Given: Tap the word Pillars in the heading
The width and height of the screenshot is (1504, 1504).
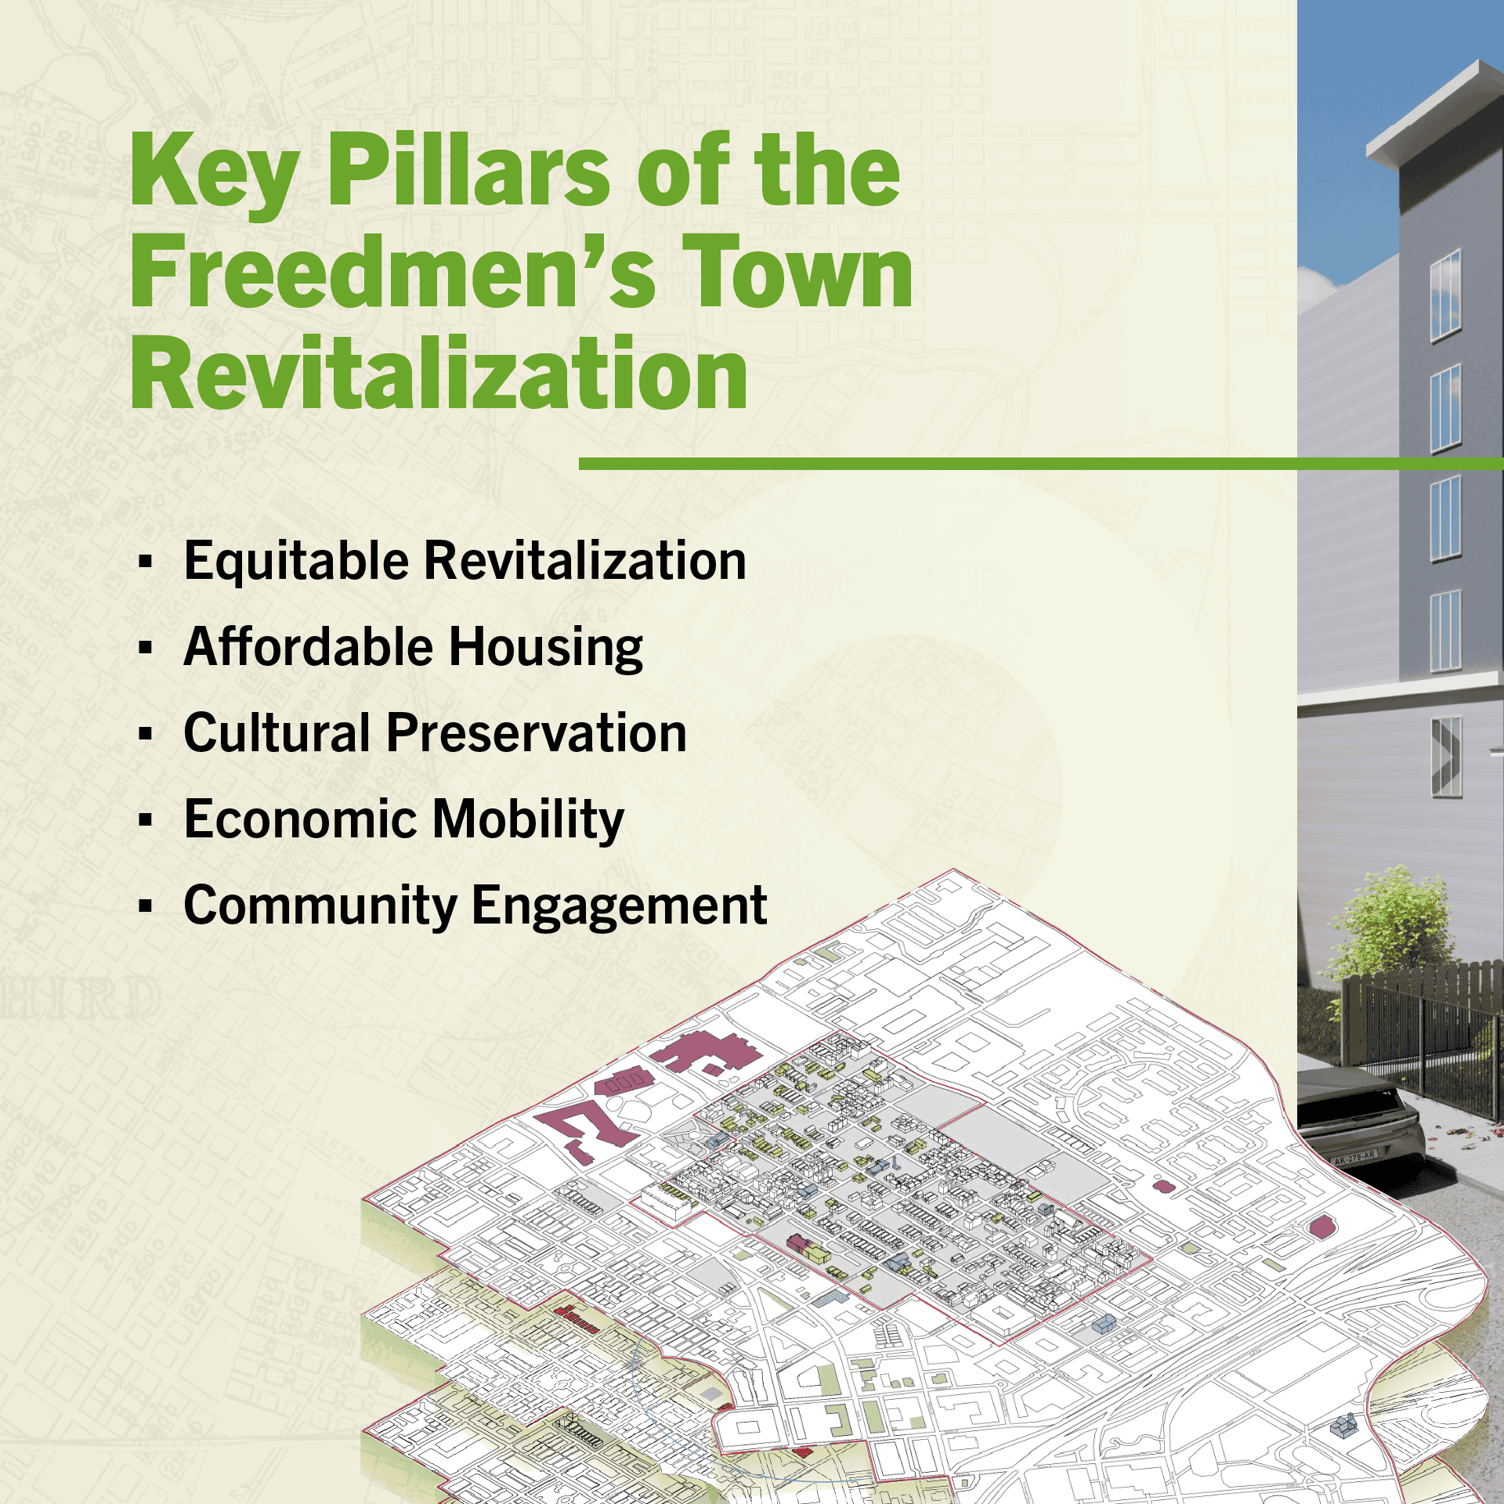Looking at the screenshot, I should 468,171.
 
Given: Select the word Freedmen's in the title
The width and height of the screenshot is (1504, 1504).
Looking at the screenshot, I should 392,272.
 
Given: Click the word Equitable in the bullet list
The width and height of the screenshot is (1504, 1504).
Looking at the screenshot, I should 296,562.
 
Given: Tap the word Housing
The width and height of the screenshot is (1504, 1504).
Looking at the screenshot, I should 546,648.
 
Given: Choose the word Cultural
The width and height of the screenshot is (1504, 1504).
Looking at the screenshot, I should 277,734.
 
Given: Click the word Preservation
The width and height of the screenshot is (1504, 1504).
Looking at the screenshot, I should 537,734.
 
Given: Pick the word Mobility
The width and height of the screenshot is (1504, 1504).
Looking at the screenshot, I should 529,820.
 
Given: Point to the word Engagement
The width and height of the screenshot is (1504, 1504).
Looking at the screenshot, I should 619,906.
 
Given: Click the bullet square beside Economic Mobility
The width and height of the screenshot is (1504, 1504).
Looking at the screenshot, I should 145,820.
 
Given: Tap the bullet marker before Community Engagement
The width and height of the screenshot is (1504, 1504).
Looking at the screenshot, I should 145,906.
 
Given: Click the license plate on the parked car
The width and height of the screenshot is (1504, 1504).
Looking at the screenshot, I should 1354,1155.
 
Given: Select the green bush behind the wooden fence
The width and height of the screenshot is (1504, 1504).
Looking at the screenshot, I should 1394,924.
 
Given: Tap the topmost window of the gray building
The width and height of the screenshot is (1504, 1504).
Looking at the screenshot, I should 1445,295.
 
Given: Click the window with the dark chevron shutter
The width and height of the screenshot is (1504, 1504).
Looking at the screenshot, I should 1446,757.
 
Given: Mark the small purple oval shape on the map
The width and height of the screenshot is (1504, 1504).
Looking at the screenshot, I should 1164,1186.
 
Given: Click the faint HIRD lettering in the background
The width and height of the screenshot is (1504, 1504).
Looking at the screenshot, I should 78,999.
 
